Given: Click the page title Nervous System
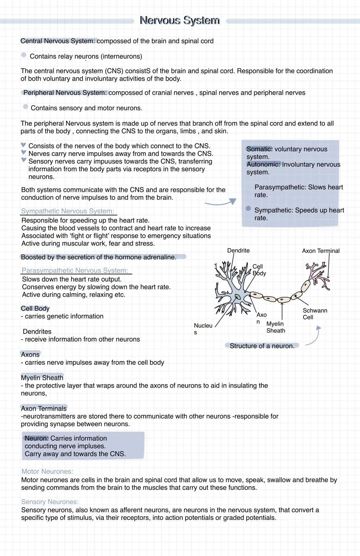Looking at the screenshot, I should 180,20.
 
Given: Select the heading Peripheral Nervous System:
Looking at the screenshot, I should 65,93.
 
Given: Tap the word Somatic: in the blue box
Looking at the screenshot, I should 259,149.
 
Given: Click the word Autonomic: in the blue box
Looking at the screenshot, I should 263,165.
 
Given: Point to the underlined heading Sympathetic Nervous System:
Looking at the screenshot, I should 68,211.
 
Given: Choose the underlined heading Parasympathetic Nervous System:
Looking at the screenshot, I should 75,271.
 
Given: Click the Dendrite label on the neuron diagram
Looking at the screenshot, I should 238,251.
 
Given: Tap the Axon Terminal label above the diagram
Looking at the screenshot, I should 321,251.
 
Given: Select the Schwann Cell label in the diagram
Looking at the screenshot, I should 314,314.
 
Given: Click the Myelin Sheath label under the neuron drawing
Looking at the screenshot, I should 276,327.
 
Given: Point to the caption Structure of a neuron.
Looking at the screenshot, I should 262,346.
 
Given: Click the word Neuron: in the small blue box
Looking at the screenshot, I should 37,438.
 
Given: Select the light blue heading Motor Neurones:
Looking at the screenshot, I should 47,471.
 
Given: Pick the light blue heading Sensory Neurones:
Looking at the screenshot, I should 50,502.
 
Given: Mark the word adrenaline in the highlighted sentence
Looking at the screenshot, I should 159,257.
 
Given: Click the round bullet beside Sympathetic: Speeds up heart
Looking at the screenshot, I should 248,209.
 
